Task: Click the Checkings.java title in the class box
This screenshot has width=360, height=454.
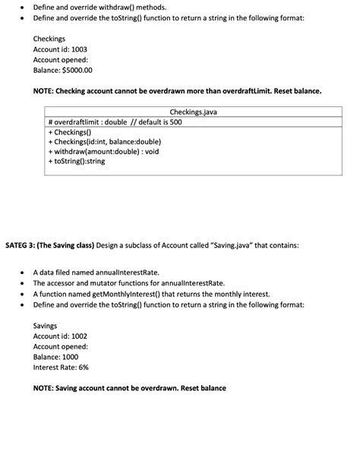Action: (x=194, y=111)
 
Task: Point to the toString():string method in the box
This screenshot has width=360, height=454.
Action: (x=79, y=162)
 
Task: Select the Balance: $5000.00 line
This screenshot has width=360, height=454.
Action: (x=62, y=70)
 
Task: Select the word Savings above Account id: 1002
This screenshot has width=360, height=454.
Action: (x=46, y=325)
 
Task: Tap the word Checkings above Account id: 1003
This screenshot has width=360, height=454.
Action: (x=49, y=38)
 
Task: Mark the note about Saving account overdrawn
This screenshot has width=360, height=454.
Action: (x=129, y=389)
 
